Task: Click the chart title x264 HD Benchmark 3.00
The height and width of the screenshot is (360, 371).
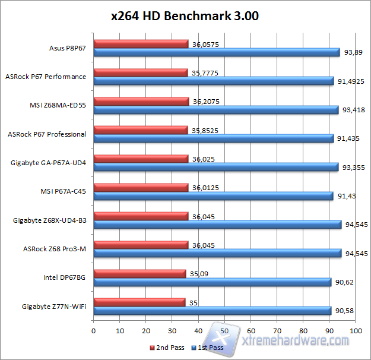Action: [185, 16]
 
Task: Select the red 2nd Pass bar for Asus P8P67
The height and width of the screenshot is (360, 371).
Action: [141, 43]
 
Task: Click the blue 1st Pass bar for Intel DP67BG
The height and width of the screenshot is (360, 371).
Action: [213, 282]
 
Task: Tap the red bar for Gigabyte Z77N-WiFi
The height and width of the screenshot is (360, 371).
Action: [139, 302]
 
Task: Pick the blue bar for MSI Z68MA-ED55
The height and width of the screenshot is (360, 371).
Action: [216, 109]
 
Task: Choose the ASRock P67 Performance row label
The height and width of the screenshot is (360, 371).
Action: [46, 77]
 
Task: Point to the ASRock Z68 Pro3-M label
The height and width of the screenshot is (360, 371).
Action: [54, 248]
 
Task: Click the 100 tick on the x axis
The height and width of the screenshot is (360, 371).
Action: [355, 330]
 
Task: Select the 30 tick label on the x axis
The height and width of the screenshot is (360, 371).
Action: [172, 330]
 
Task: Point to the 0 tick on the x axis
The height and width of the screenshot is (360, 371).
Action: [94, 330]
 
